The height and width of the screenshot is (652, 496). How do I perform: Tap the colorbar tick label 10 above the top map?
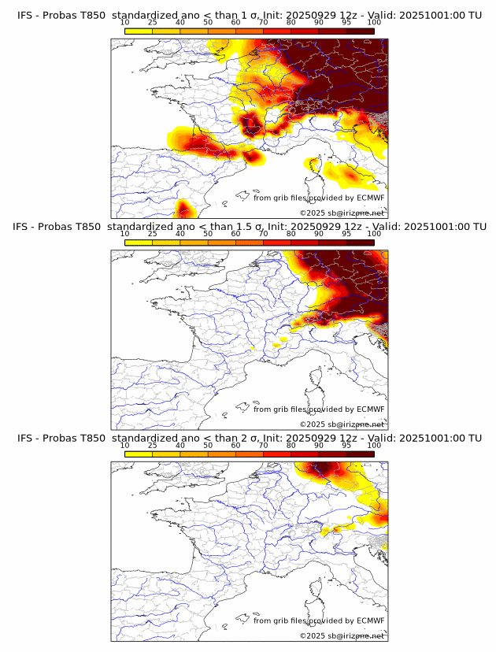[125, 23]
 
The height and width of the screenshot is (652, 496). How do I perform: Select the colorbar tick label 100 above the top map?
[374, 23]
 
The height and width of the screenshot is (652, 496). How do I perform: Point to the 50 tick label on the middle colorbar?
[208, 234]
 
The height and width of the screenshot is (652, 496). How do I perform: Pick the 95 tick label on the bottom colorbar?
[346, 445]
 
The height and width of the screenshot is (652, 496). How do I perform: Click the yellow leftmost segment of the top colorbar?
[139, 31]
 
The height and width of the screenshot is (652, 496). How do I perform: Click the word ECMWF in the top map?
[370, 198]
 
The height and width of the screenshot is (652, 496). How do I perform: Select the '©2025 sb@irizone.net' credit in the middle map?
[342, 424]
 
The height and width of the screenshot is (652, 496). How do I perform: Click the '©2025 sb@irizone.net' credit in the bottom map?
[342, 635]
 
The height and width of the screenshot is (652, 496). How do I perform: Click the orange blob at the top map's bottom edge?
[184, 209]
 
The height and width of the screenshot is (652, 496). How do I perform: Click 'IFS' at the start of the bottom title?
[25, 438]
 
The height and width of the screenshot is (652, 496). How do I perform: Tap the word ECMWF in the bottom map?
[370, 621]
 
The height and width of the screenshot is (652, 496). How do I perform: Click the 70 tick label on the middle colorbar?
[263, 234]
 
